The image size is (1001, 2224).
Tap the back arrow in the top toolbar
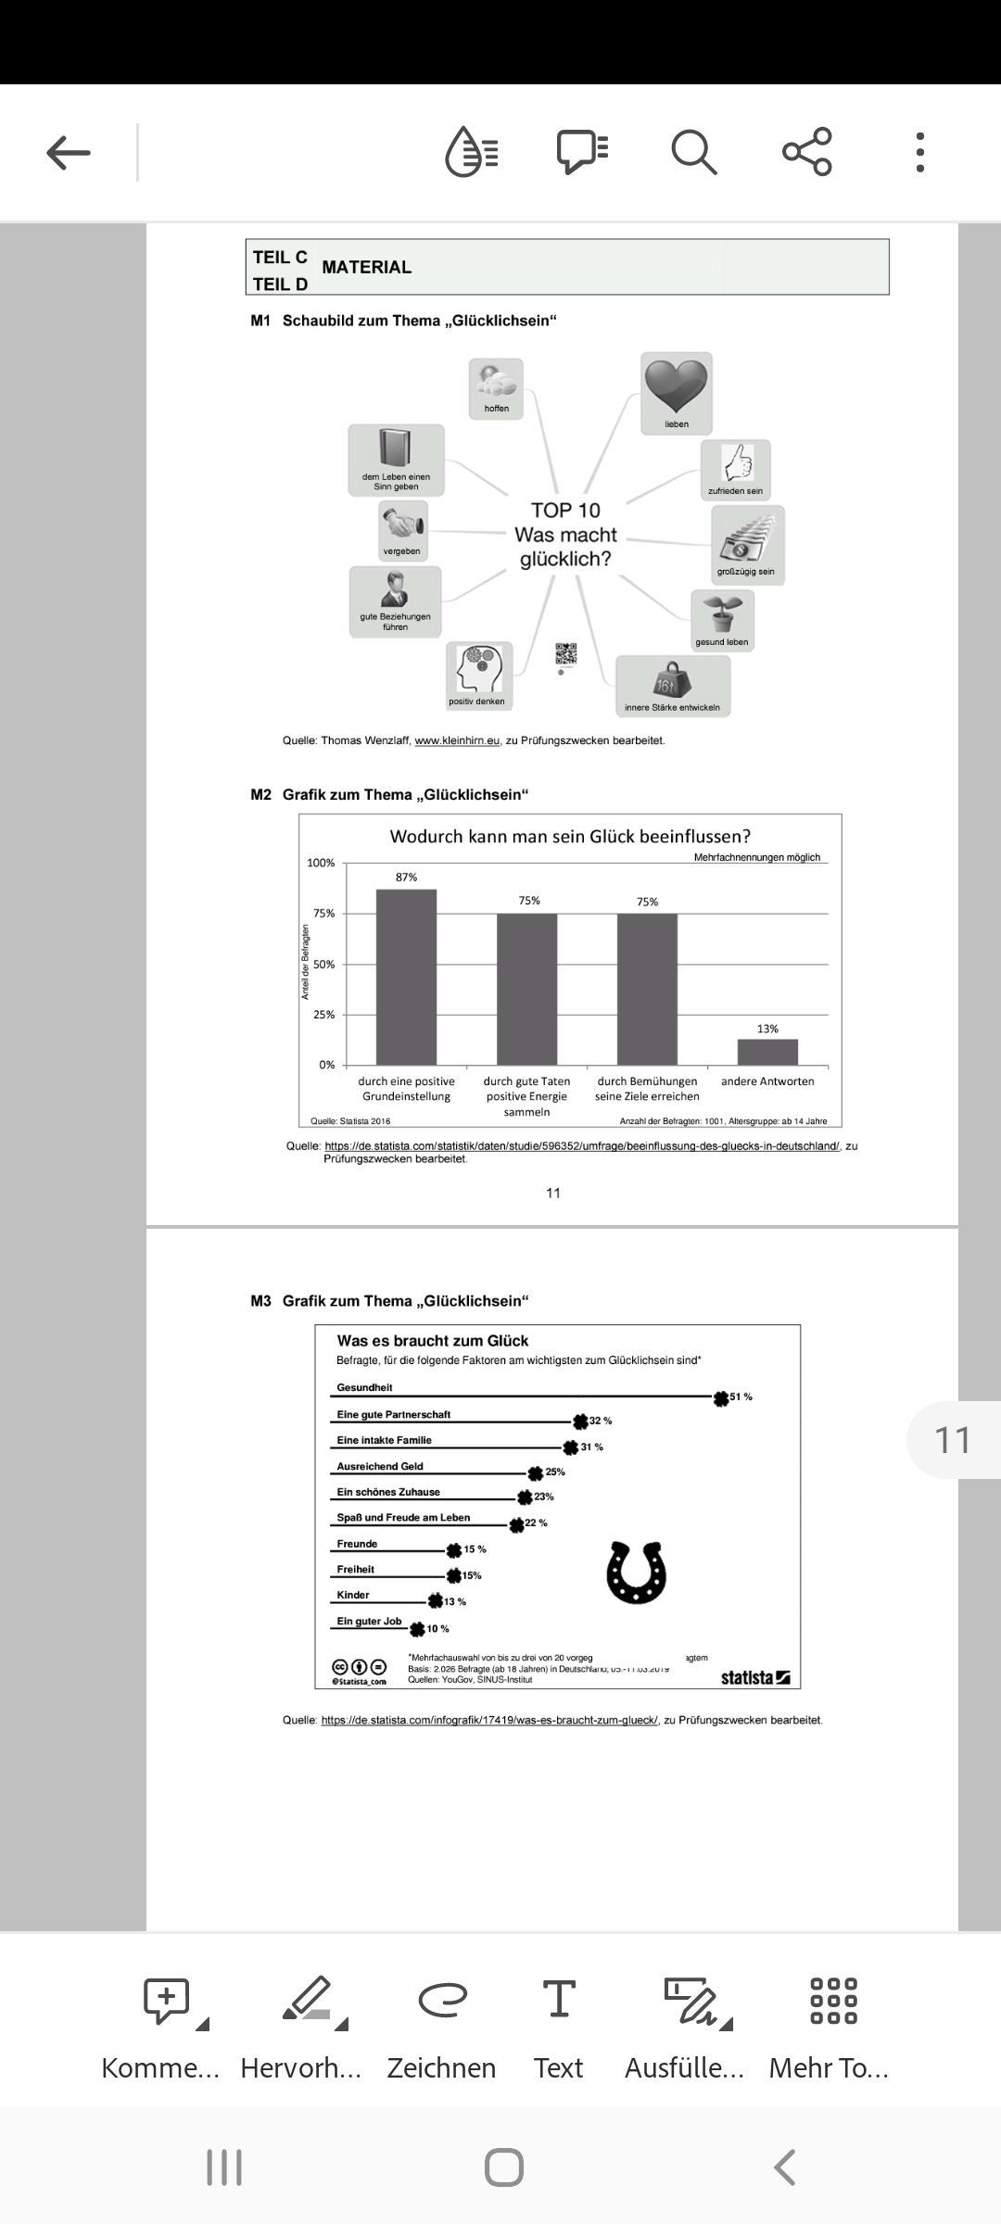[69, 152]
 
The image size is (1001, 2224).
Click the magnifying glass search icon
[693, 152]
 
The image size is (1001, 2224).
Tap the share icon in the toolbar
[807, 152]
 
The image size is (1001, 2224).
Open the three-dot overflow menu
[919, 152]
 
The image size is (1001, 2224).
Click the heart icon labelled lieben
[677, 386]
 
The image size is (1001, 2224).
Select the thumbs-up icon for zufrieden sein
[735, 462]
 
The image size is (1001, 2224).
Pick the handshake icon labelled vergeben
[402, 524]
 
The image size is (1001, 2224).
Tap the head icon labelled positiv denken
[478, 668]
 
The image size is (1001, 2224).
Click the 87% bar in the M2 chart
[406, 977]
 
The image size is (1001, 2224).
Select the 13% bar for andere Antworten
[767, 1052]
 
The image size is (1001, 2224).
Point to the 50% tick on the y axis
[323, 965]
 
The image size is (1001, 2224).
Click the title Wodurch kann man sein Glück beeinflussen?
[570, 837]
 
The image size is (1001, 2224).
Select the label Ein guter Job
[369, 1622]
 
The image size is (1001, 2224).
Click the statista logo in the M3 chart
[755, 1678]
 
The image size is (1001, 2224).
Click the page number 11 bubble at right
[953, 1440]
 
